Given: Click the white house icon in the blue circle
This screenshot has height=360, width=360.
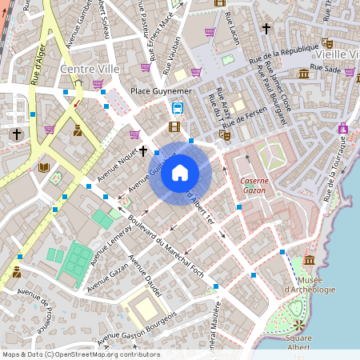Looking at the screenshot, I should pyautogui.click(x=180, y=173).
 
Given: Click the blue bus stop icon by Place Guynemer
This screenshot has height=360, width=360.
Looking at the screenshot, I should pyautogui.click(x=176, y=108).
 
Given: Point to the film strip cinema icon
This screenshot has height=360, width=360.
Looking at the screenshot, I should pyautogui.click(x=174, y=126).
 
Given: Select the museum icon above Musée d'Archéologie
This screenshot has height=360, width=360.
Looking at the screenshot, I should pyautogui.click(x=309, y=261).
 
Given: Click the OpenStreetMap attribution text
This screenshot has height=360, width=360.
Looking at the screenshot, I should pyautogui.click(x=81, y=354).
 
